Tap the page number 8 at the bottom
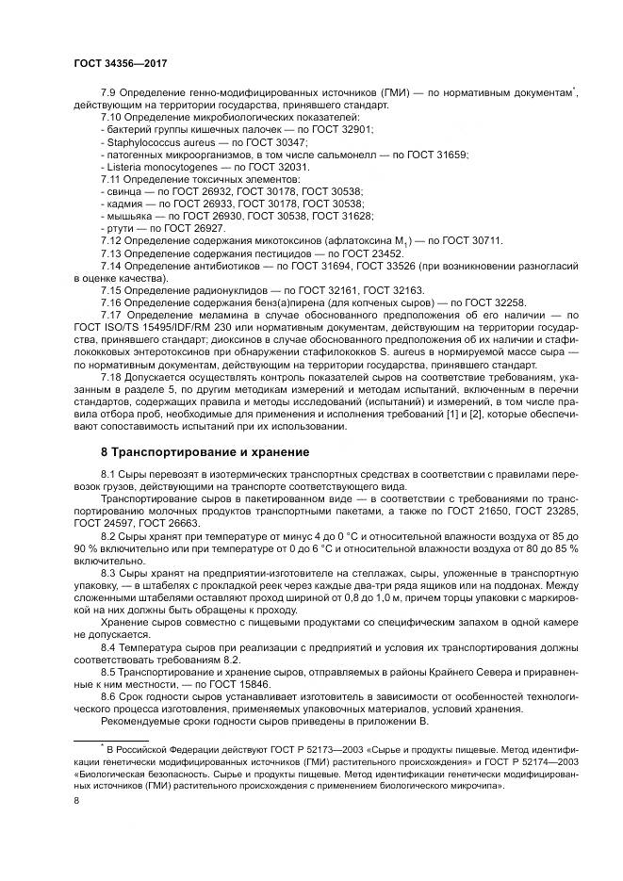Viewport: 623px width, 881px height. [x=76, y=801]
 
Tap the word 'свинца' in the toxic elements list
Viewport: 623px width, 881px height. [x=121, y=190]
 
